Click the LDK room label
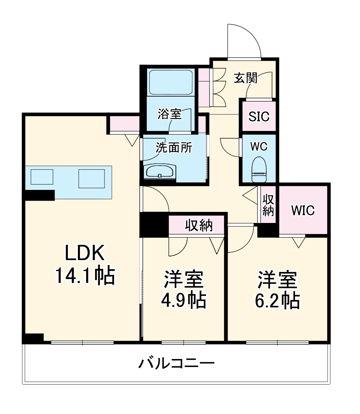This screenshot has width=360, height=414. click(85, 253)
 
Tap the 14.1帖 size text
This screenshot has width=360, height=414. click(85, 276)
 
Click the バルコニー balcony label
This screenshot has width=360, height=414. click(177, 364)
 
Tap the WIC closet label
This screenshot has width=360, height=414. click(303, 210)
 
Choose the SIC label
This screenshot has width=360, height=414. click(259, 116)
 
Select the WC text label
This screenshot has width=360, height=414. click(259, 146)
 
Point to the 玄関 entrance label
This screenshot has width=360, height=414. click(246, 78)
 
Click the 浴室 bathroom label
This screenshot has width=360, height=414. click(169, 114)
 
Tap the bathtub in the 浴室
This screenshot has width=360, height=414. click(170, 82)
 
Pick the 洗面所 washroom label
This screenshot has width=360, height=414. click(174, 148)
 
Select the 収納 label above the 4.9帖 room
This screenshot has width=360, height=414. click(199, 225)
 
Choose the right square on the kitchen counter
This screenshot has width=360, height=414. click(92, 178)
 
